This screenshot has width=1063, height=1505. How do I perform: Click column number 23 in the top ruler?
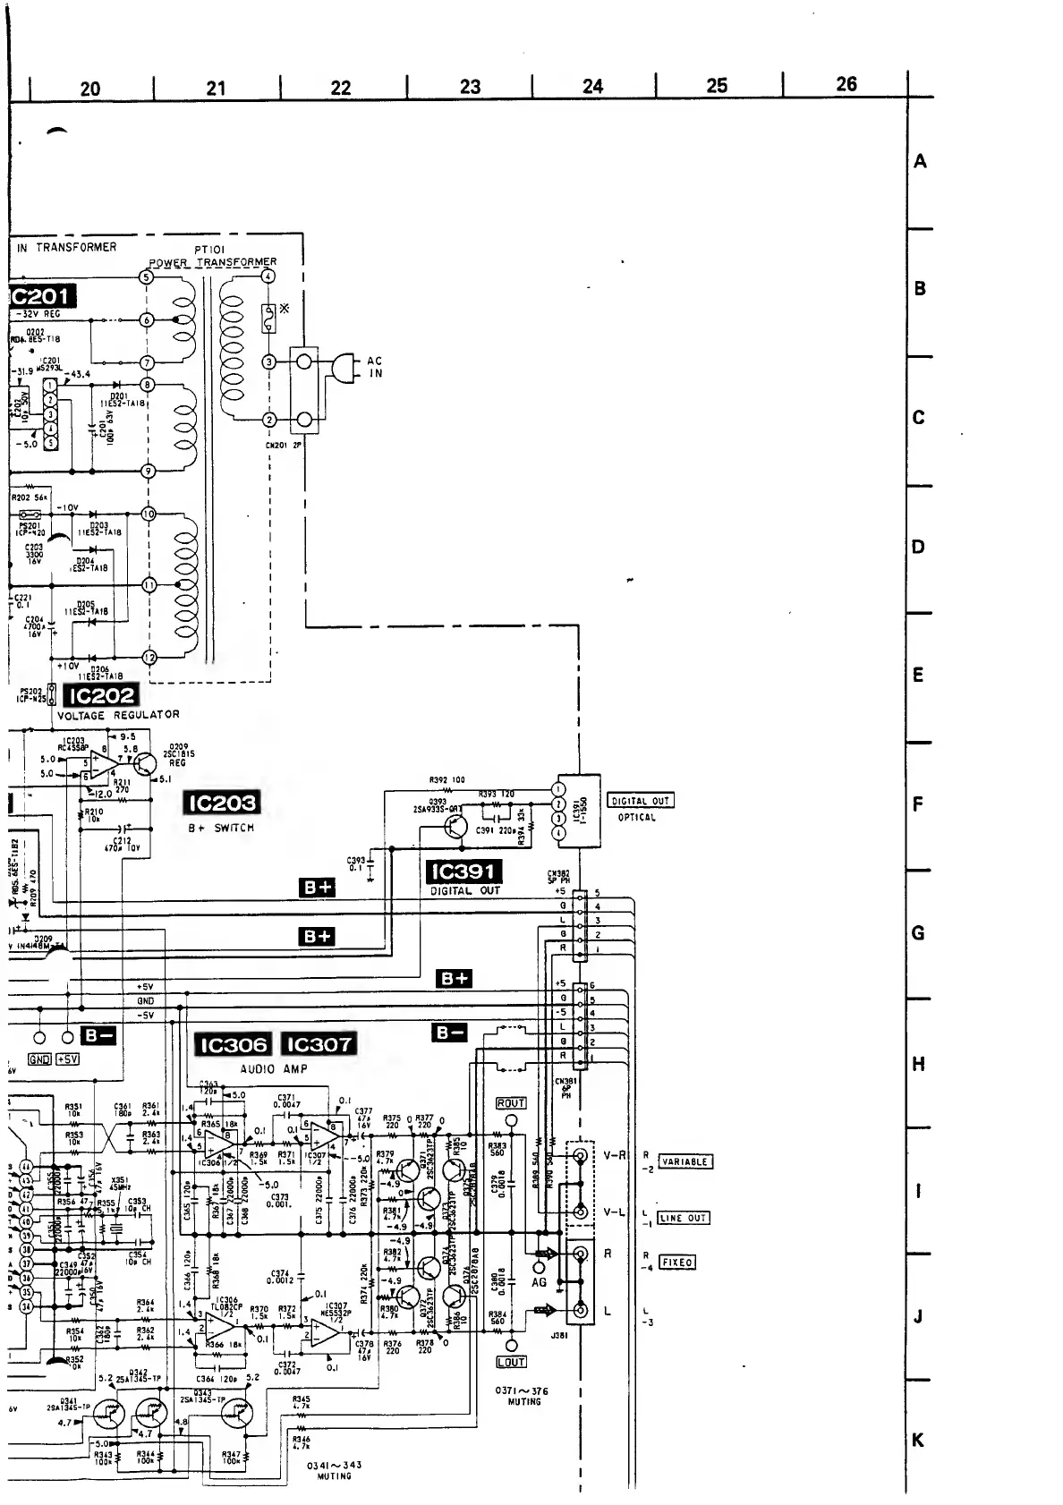tap(470, 87)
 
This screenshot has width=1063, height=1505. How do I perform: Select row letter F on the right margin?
tap(917, 804)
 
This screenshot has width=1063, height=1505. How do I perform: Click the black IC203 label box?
tap(221, 803)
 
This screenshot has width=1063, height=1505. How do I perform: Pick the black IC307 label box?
tap(319, 1044)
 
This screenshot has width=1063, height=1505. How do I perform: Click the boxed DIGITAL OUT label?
tap(640, 801)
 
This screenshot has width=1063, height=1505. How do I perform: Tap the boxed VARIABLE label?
tap(685, 1161)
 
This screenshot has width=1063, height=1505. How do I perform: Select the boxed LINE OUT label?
tap(684, 1218)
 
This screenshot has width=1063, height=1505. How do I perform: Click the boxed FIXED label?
tap(677, 1263)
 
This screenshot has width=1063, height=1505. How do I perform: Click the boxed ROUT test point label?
tap(510, 1103)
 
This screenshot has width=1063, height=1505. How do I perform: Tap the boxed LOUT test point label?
tap(510, 1362)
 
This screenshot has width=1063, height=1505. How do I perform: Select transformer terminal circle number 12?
tap(149, 658)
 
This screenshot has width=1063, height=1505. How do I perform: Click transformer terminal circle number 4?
tap(267, 276)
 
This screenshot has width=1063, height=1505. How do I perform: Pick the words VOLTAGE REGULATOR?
tap(118, 715)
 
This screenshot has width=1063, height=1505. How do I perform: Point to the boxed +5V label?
tap(67, 1059)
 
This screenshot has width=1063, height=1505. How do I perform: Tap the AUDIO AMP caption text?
tap(274, 1069)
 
